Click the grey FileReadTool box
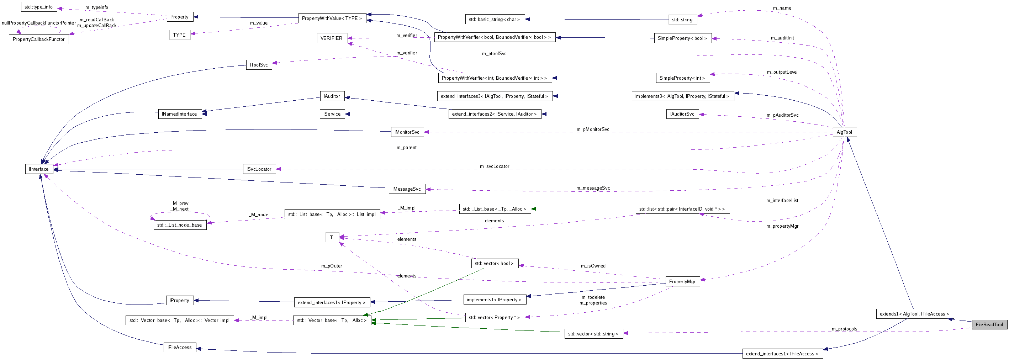[x=989, y=324]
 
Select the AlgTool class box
[x=844, y=132]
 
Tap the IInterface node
[x=39, y=169]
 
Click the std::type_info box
[x=39, y=7]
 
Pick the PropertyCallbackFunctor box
[x=39, y=39]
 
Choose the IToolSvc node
[x=259, y=65]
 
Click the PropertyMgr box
[x=682, y=281]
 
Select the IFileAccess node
[x=179, y=347]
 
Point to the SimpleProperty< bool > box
[x=682, y=38]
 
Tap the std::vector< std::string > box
[x=593, y=334]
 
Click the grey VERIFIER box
[x=331, y=38]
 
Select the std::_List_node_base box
[x=179, y=225]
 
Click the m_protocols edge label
[x=844, y=329]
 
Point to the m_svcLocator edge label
[x=494, y=166]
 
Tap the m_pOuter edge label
[x=331, y=266]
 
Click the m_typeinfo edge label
[x=96, y=7]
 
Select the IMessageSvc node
[x=407, y=189]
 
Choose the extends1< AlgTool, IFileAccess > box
[x=914, y=314]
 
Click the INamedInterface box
[x=179, y=114]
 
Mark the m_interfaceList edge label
[x=782, y=200]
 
